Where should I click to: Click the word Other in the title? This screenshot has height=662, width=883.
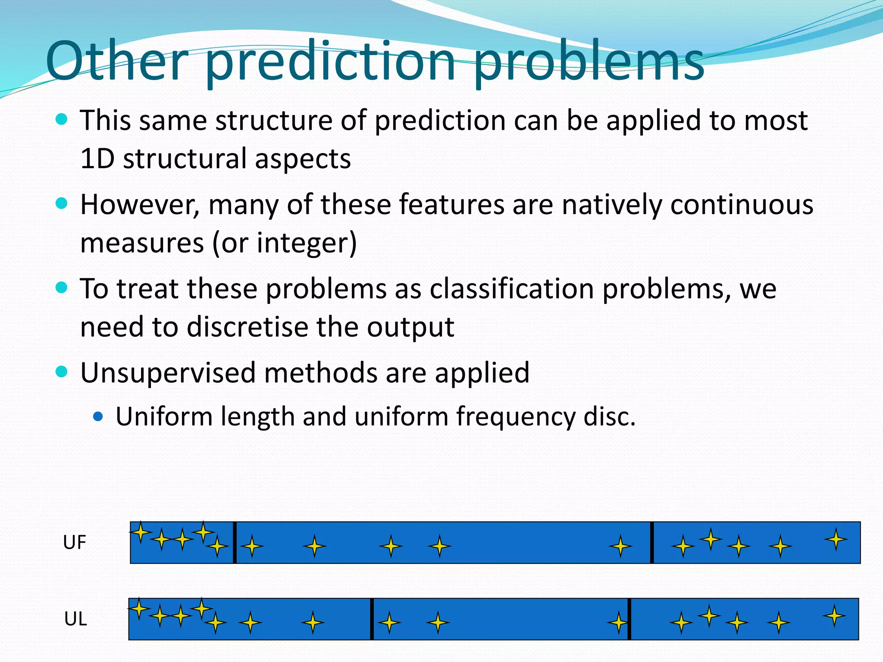pyautogui.click(x=117, y=61)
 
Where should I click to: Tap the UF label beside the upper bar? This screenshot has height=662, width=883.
pyautogui.click(x=74, y=543)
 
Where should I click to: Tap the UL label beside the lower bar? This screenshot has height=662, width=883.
pyautogui.click(x=75, y=619)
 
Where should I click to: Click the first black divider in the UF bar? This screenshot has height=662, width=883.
pyautogui.click(x=235, y=543)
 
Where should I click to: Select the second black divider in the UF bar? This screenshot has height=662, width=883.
pyautogui.click(x=651, y=543)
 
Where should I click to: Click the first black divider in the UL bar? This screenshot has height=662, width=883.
pyautogui.click(x=372, y=619)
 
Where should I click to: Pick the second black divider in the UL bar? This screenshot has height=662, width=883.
pyautogui.click(x=629, y=619)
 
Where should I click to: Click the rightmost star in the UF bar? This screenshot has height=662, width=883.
pyautogui.click(x=836, y=539)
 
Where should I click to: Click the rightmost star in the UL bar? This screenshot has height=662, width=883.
pyautogui.click(x=834, y=616)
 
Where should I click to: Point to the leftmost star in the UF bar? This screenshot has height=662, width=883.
pyautogui.click(x=141, y=532)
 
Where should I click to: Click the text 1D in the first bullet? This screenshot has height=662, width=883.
pyautogui.click(x=97, y=159)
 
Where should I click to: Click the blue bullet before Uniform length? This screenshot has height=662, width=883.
pyautogui.click(x=98, y=416)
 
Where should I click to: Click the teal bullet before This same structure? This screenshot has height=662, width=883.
pyautogui.click(x=62, y=119)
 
